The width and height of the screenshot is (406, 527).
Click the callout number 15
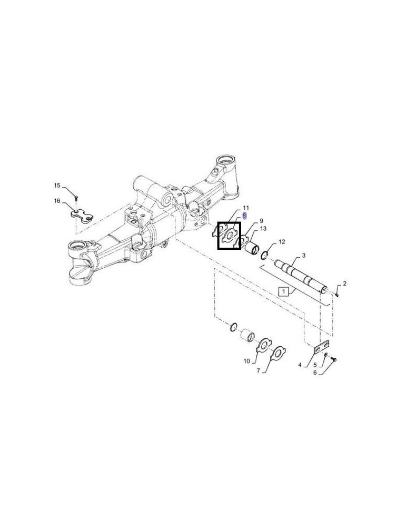pyautogui.click(x=57, y=185)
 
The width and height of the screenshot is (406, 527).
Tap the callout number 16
pyautogui.click(x=57, y=201)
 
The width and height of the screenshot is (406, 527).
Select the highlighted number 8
pyautogui.click(x=244, y=216)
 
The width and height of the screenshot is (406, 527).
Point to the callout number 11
pyautogui.click(x=246, y=208)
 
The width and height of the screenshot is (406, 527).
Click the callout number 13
pyautogui.click(x=263, y=229)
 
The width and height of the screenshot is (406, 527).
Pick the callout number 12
pyautogui.click(x=282, y=241)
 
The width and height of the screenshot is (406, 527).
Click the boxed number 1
pyautogui.click(x=283, y=291)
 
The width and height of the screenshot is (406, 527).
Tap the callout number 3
pyautogui.click(x=303, y=256)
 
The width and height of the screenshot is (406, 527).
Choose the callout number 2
pyautogui.click(x=344, y=284)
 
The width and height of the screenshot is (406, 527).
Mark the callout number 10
pyautogui.click(x=247, y=362)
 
